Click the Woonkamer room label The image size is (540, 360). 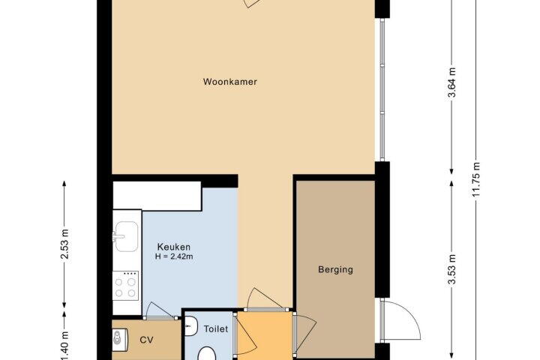(230, 82)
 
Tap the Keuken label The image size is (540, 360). (173, 247)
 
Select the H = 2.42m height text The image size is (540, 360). (174, 256)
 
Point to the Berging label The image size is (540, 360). (335, 269)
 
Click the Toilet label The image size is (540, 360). (216, 329)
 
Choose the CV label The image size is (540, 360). (146, 340)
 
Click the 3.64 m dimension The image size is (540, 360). (451, 82)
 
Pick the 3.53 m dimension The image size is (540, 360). (451, 269)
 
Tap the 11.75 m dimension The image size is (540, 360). (475, 179)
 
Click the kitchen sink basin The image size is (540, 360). (127, 236)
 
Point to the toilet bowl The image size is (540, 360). (207, 354)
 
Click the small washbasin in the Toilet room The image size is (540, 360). (190, 326)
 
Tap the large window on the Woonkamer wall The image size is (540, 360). (382, 89)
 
